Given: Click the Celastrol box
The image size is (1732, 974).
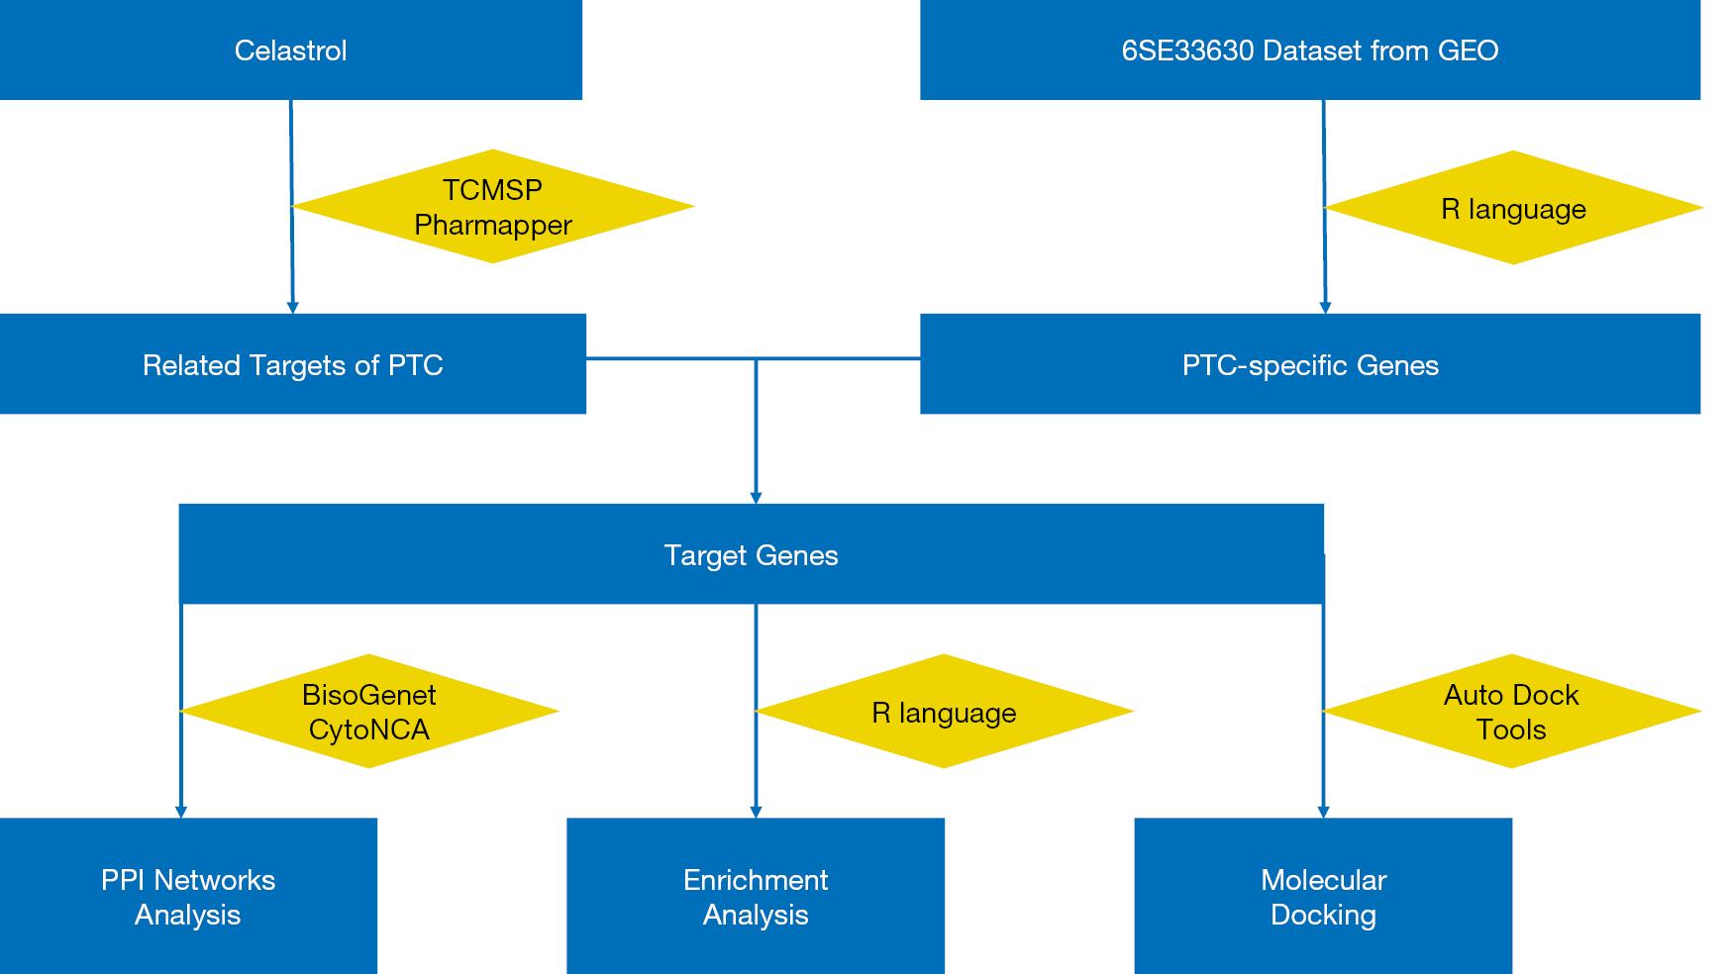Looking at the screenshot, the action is tap(291, 49).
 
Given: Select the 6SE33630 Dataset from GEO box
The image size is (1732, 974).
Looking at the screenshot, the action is tap(1310, 49).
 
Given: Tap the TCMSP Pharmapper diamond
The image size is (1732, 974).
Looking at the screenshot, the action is tap(493, 206).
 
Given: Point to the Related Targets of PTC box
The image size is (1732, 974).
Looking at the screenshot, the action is tap(293, 363).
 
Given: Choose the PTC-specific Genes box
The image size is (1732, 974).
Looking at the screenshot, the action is tap(1310, 363).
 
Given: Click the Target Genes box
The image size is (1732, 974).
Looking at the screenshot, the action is tap(751, 553).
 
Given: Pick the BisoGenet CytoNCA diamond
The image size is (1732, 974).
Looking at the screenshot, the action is tap(369, 711).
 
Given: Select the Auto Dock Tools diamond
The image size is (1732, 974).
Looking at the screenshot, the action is tap(1511, 711).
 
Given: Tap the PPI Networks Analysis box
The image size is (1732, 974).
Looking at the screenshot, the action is tap(188, 896).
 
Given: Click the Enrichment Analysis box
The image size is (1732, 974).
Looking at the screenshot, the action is tap(756, 896).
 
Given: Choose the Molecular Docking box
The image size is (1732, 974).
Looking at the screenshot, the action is tap(1323, 896).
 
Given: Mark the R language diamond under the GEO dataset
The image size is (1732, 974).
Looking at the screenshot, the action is tap(1513, 208).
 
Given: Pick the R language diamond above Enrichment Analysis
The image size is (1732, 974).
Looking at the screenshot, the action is tap(944, 711).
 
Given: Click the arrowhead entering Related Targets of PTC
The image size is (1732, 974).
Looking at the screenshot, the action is tap(292, 308).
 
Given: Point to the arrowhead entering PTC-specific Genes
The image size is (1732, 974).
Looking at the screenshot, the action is tap(1325, 308).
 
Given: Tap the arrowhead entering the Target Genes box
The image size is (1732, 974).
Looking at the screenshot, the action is tap(756, 498).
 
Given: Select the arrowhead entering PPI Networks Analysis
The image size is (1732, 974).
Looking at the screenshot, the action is tap(181, 812).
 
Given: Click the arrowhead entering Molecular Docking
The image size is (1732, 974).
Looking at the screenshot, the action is tap(1323, 812).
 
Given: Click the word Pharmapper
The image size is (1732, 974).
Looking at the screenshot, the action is tap(493, 226).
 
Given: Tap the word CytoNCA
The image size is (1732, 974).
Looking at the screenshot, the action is tap(369, 730).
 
